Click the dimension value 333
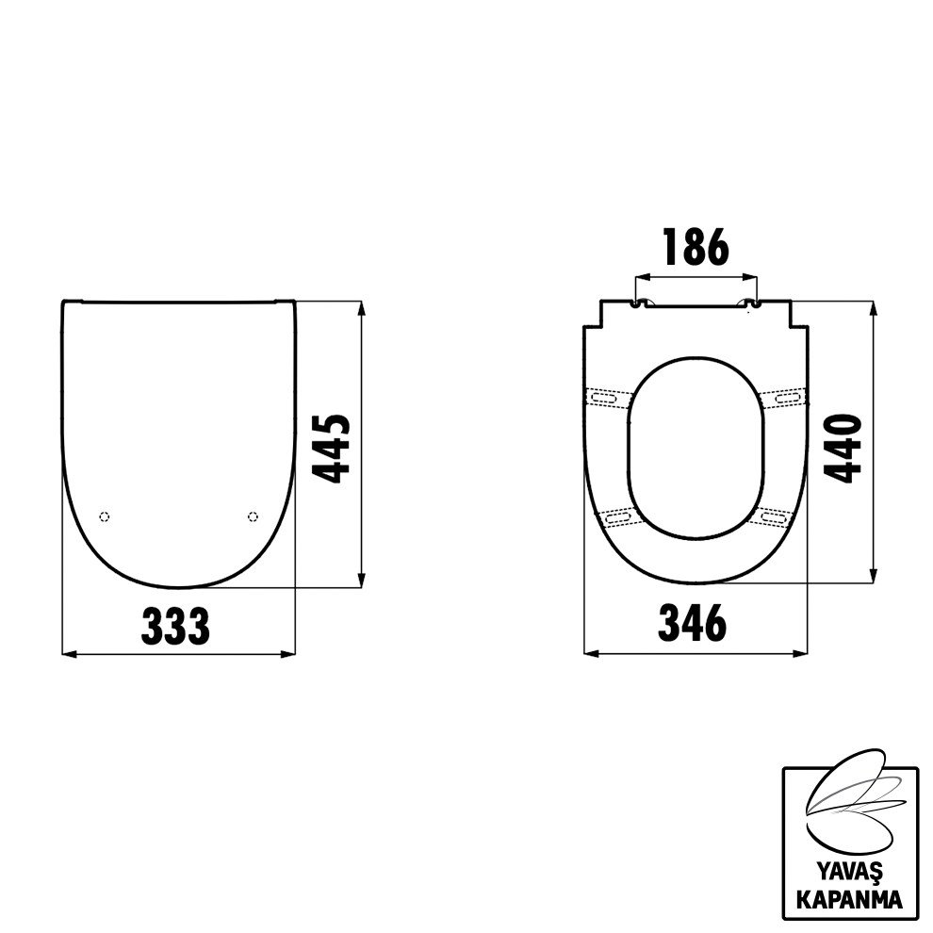click(x=175, y=626)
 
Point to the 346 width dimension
click(x=692, y=623)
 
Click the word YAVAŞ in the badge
click(x=849, y=873)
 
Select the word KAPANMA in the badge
click(x=849, y=899)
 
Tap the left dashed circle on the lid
click(x=104, y=516)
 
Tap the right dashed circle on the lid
click(x=253, y=516)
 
